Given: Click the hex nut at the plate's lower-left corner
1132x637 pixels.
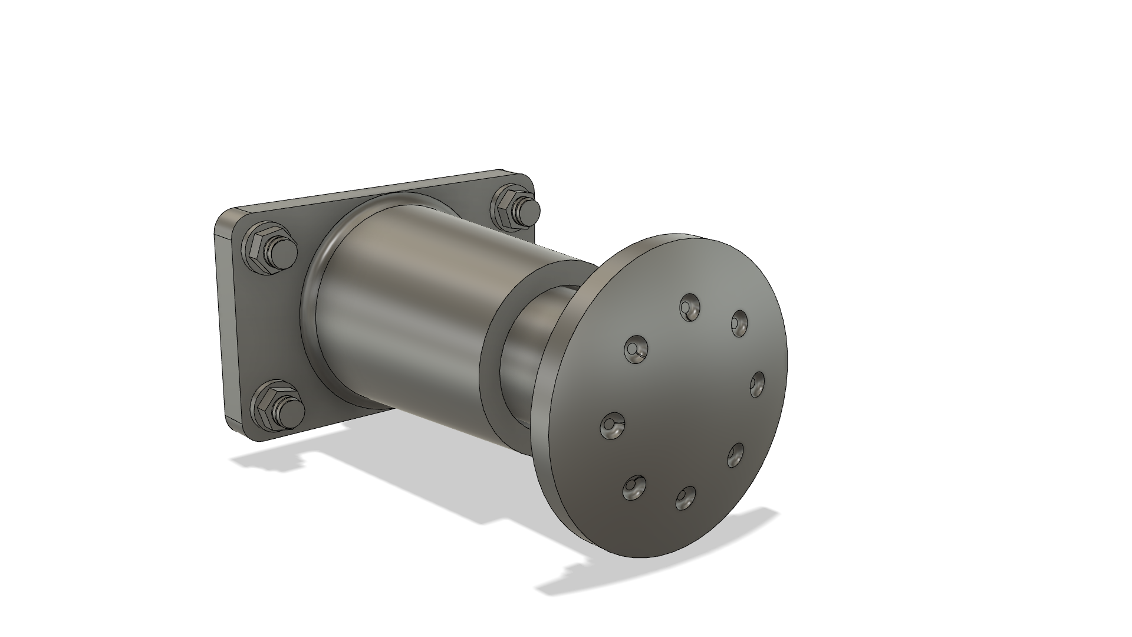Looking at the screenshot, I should pyautogui.click(x=266, y=407).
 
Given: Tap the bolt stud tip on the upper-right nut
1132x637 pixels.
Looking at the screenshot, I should pyautogui.click(x=531, y=208).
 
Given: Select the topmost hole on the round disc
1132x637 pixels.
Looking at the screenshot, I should pyautogui.click(x=689, y=307).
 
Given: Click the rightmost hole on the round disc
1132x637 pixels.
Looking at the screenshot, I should pyautogui.click(x=758, y=385).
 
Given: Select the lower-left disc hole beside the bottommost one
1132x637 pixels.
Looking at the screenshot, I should pyautogui.click(x=634, y=487).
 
